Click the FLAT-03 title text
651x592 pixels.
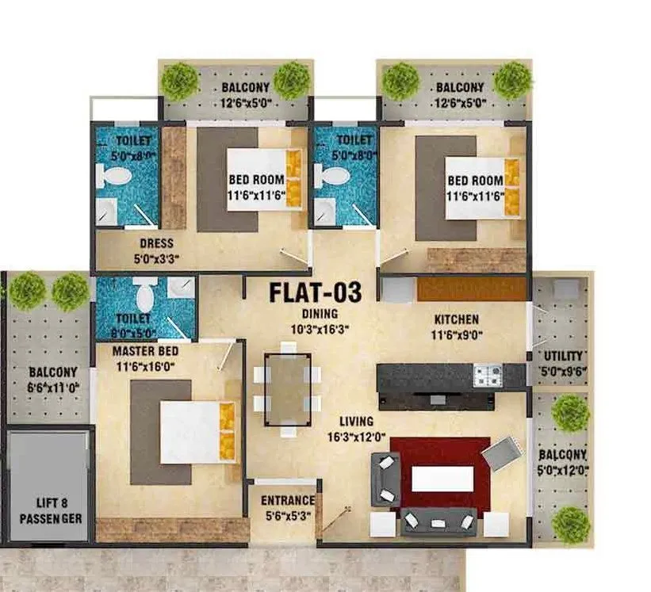(315, 292)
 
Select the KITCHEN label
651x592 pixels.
(456, 320)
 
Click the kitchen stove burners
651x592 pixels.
(487, 376)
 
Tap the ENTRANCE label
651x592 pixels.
(287, 501)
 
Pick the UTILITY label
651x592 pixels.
(563, 356)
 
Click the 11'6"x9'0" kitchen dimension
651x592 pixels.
(456, 334)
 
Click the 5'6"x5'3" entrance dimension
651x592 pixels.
(287, 515)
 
